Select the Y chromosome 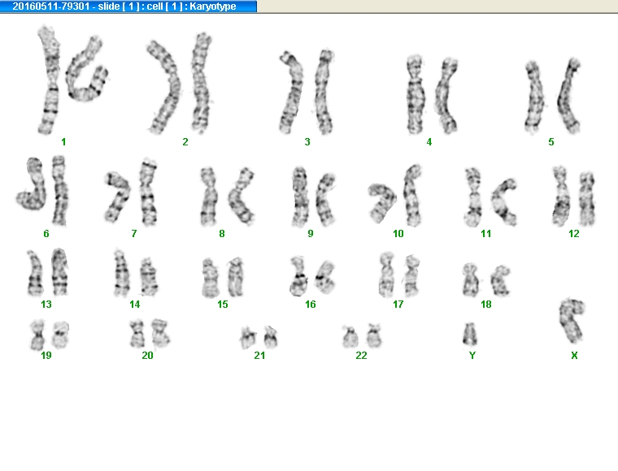pos(469,335)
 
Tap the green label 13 pos(46,305)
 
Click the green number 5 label pos(551,141)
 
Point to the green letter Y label pos(472,356)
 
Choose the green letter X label pos(574,356)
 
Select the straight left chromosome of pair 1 pos(50,80)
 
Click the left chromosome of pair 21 pos(248,338)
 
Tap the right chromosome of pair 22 pos(374,335)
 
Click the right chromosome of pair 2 pos(202,83)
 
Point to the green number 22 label pos(361,356)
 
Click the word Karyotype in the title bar pos(213,6)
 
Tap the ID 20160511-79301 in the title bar pos(51,6)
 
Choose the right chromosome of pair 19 pos(61,335)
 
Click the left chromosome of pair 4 pos(416,94)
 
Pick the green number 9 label pos(310,234)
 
